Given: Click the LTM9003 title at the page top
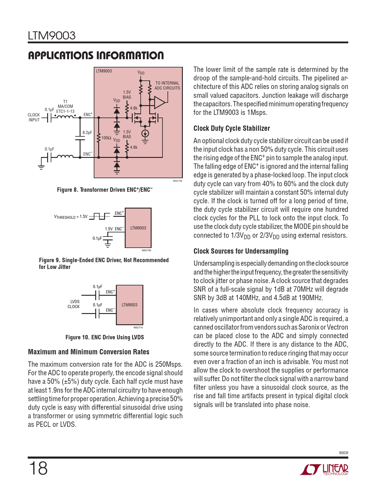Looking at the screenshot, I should [x=52, y=36].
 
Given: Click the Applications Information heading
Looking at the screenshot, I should [x=96, y=55].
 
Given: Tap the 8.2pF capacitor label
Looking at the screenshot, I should [x=87, y=133].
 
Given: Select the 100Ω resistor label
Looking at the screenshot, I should [x=106, y=138].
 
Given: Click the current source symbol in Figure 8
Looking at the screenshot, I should [x=145, y=133].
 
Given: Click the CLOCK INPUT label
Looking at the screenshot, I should [x=34, y=117].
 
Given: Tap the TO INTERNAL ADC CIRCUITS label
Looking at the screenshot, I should [x=167, y=85].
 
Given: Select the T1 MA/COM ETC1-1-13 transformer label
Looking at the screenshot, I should [x=65, y=106].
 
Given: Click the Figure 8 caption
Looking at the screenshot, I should [x=105, y=190].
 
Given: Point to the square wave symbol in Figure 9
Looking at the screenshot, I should [x=99, y=216].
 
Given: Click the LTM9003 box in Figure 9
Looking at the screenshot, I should [x=138, y=228].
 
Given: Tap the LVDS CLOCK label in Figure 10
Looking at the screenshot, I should [x=74, y=304].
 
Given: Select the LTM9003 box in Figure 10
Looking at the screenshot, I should [x=129, y=305].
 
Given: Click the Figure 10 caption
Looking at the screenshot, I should [x=105, y=337].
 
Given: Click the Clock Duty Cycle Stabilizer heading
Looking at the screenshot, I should [x=231, y=128].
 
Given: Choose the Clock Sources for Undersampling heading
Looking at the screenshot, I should [x=241, y=251].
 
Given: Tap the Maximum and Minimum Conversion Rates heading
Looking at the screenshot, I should [x=88, y=352].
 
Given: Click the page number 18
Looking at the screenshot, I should [x=38, y=468].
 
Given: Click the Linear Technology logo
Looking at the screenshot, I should [x=324, y=470].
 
